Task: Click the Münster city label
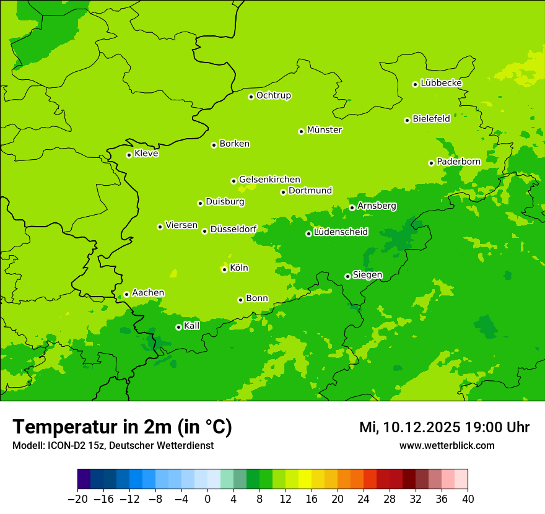pyautogui.click(x=324, y=130)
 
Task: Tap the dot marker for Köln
pyautogui.click(x=224, y=269)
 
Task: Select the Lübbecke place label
pyautogui.click(x=441, y=83)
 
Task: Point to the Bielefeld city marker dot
pyautogui.click(x=407, y=120)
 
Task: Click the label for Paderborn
pyautogui.click(x=458, y=162)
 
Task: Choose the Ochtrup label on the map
pyautogui.click(x=273, y=95)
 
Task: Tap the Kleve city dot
pyautogui.click(x=129, y=155)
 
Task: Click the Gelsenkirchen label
pyautogui.click(x=269, y=180)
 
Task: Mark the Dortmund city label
pyautogui.click(x=310, y=191)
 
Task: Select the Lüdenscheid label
pyautogui.click(x=341, y=232)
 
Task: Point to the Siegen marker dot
pyautogui.click(x=347, y=276)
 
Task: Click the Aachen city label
pyautogui.click(x=148, y=293)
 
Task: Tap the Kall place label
pyautogui.click(x=192, y=326)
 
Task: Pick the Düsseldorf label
pyautogui.click(x=233, y=229)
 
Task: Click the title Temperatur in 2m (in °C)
pyautogui.click(x=122, y=427)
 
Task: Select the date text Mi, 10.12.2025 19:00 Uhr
pyautogui.click(x=444, y=427)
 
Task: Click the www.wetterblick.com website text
pyautogui.click(x=447, y=446)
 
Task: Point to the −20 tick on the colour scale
pyautogui.click(x=77, y=499)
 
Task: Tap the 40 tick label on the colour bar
pyautogui.click(x=468, y=499)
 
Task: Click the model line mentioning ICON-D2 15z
pyautogui.click(x=113, y=446)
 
